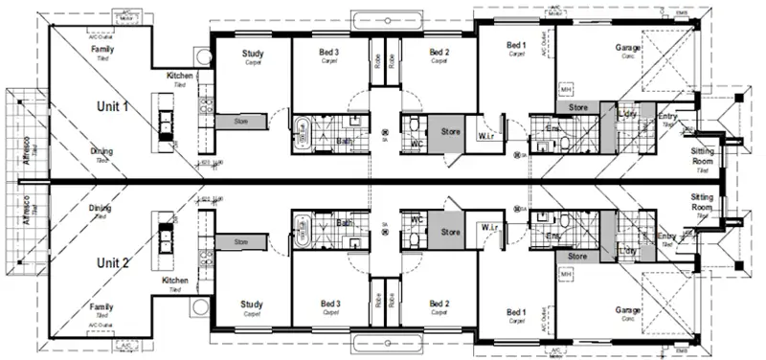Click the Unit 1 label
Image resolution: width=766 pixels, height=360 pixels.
pyautogui.click(x=113, y=106)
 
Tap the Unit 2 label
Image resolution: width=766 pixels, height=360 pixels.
pyautogui.click(x=113, y=260)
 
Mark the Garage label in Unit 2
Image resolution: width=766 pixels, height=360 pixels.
pyautogui.click(x=627, y=310)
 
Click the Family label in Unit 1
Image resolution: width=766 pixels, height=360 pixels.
pyautogui.click(x=101, y=48)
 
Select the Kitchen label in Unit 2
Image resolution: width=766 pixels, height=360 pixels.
pyautogui.click(x=175, y=281)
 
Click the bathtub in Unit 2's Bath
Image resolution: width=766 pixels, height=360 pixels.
pyautogui.click(x=304, y=230)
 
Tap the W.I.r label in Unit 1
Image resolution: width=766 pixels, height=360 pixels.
pyautogui.click(x=486, y=138)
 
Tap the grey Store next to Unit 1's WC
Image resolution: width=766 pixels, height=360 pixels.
pyautogui.click(x=449, y=130)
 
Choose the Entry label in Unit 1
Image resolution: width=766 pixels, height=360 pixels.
pyautogui.click(x=668, y=117)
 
